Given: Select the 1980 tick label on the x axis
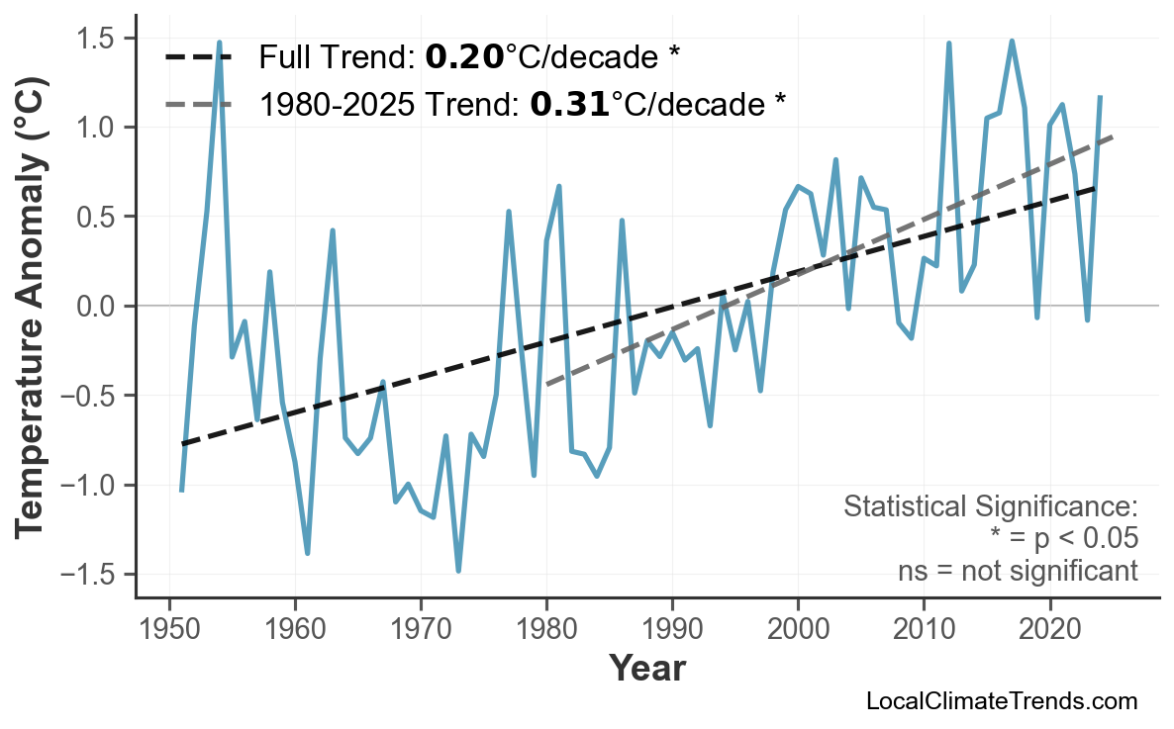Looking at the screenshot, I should coord(546,630).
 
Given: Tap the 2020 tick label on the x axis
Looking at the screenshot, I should coord(1049,630).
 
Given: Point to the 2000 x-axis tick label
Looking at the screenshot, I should coord(798,630).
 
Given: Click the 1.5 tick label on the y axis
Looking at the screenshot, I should coord(96,39).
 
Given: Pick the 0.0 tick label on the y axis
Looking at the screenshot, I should coord(96,307).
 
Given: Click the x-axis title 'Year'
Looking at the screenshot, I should coord(646,669).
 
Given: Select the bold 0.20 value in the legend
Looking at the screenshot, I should coord(464,58).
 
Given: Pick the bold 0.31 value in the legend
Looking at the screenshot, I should coord(569,103).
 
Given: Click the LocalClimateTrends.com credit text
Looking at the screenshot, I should coord(1001,701).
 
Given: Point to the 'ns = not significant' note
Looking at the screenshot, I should coord(1017,571).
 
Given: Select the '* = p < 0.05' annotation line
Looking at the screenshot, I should coord(1063,539).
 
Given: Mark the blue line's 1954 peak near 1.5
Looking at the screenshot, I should coord(219,43).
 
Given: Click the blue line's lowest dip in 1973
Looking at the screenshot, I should coord(458,571).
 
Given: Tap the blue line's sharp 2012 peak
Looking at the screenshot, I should coord(948,44).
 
